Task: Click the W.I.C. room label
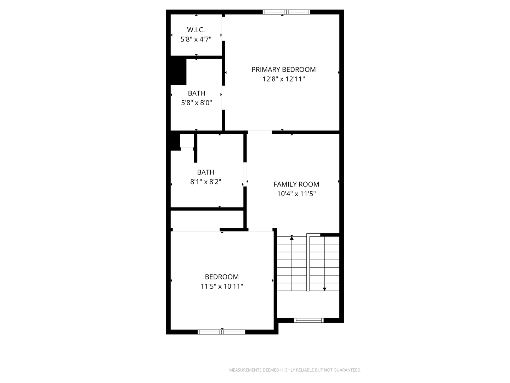coord(195,30)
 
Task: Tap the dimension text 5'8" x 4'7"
coord(196,39)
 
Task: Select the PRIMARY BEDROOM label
coord(283,70)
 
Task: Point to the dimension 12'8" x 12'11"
coord(283,79)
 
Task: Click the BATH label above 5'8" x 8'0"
coord(197,93)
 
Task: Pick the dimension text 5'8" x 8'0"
coord(197,103)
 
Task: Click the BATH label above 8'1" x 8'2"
coord(206,172)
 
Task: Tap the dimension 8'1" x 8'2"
coord(206,182)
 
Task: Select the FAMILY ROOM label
coord(296,184)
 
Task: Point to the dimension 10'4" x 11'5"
coord(296,194)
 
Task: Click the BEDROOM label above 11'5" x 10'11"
coord(222,277)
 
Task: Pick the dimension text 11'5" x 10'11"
coord(222,286)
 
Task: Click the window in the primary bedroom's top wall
coord(286,12)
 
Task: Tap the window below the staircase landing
coord(308,320)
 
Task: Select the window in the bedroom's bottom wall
coord(221,332)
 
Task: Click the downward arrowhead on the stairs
coord(324,289)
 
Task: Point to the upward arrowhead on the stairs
coord(291,238)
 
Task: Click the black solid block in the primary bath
coord(178,71)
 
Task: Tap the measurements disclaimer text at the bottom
coord(295,370)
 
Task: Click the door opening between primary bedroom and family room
coord(260,132)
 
